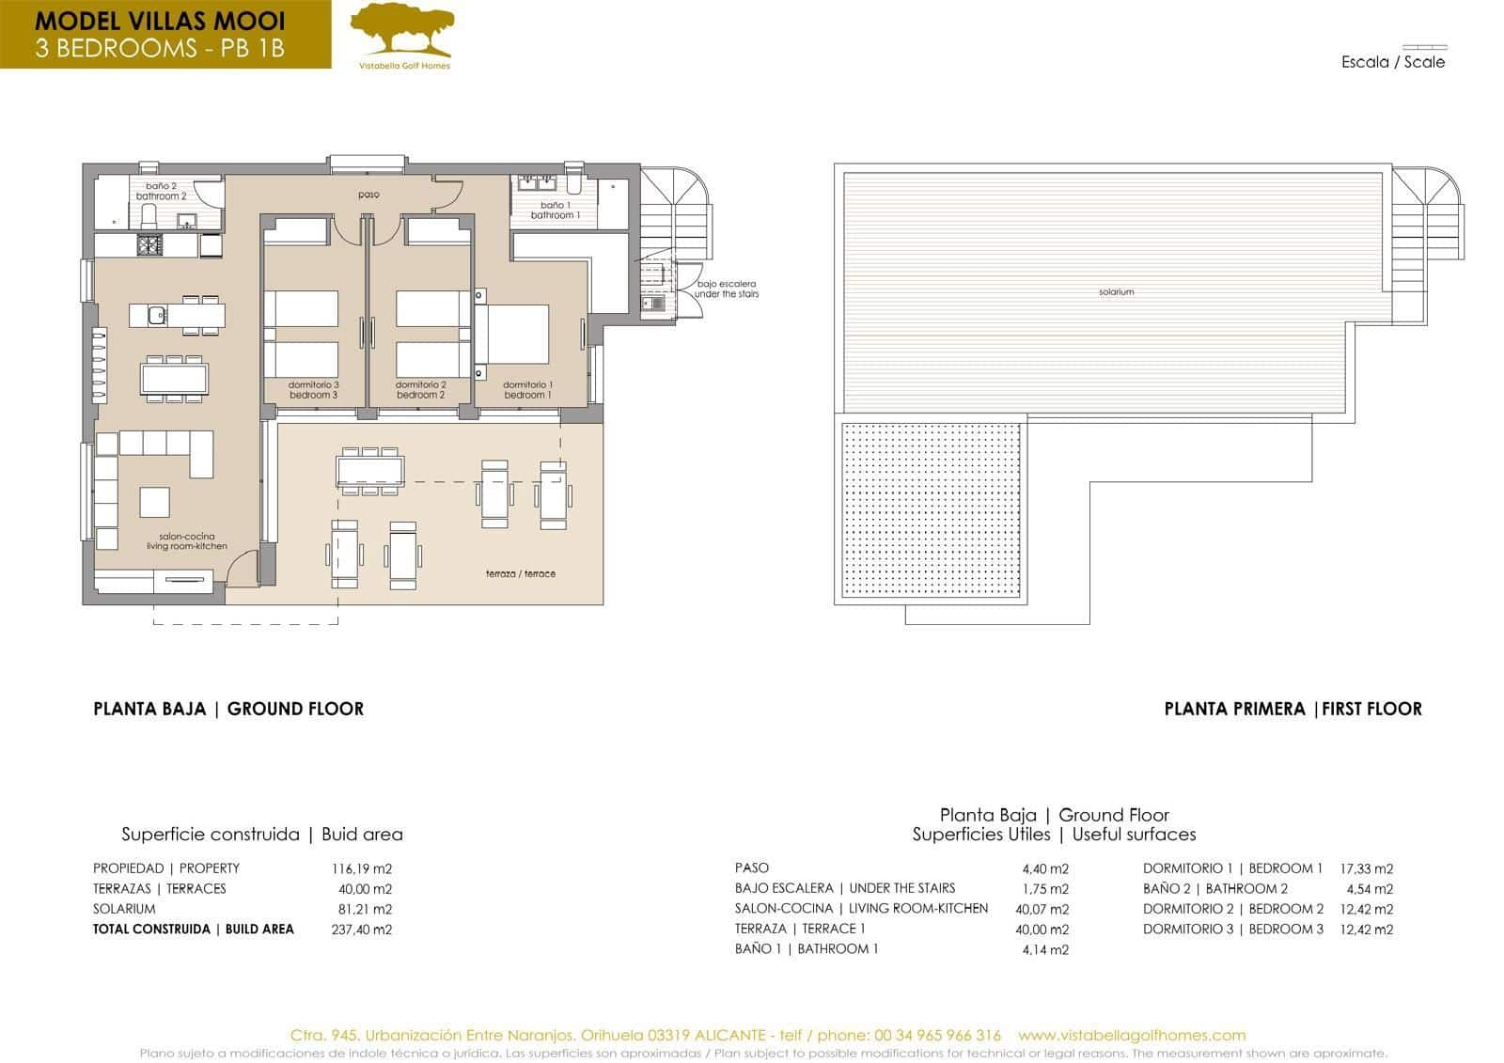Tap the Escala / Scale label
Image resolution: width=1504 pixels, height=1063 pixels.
coord(1393,62)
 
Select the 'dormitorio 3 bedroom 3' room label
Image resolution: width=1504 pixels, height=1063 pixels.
coord(313,390)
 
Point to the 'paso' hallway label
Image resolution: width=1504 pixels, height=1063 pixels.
coord(368,195)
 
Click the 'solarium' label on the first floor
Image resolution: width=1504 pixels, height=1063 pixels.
coord(1116,292)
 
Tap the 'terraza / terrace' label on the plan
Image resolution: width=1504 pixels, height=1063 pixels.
coord(520,573)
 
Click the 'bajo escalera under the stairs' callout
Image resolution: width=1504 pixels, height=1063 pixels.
coord(726,289)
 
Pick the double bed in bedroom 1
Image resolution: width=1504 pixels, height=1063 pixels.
coord(513,334)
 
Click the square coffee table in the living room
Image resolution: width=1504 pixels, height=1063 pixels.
coord(155,502)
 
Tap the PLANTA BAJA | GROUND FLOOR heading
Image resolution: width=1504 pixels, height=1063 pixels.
coord(228,709)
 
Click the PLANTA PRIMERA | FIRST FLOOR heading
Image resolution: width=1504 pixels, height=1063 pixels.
coord(1292,709)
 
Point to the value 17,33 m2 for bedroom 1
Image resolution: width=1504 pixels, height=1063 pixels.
coord(1366,868)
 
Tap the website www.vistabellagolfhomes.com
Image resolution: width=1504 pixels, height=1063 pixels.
coord(1131,1035)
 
